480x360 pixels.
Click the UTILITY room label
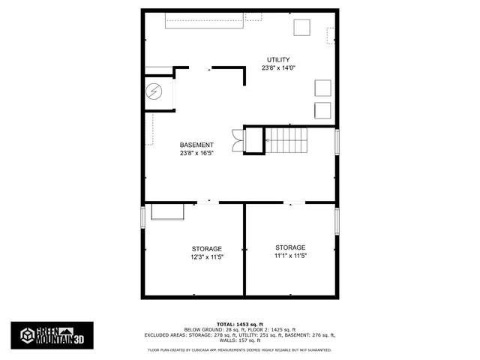coord(278,60)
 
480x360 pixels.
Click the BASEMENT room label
coord(196,145)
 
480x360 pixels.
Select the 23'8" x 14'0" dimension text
coord(278,68)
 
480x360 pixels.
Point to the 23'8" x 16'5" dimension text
coord(196,153)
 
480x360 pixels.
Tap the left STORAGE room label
coord(206,249)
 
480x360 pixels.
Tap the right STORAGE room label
coord(290,247)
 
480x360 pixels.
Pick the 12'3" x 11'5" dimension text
coord(206,257)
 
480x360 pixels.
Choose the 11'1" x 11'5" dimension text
coord(290,256)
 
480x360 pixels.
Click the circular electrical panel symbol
coord(154,91)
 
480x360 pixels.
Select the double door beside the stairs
coord(238,140)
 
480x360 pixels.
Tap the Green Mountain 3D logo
coord(52,335)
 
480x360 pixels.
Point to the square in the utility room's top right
coord(302,27)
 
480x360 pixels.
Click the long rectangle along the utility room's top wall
coord(205,22)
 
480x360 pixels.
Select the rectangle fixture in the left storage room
coord(168,212)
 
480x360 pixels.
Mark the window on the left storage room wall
coord(143,215)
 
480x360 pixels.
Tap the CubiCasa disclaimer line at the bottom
coord(239,349)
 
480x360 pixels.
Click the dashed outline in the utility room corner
coord(331,35)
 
